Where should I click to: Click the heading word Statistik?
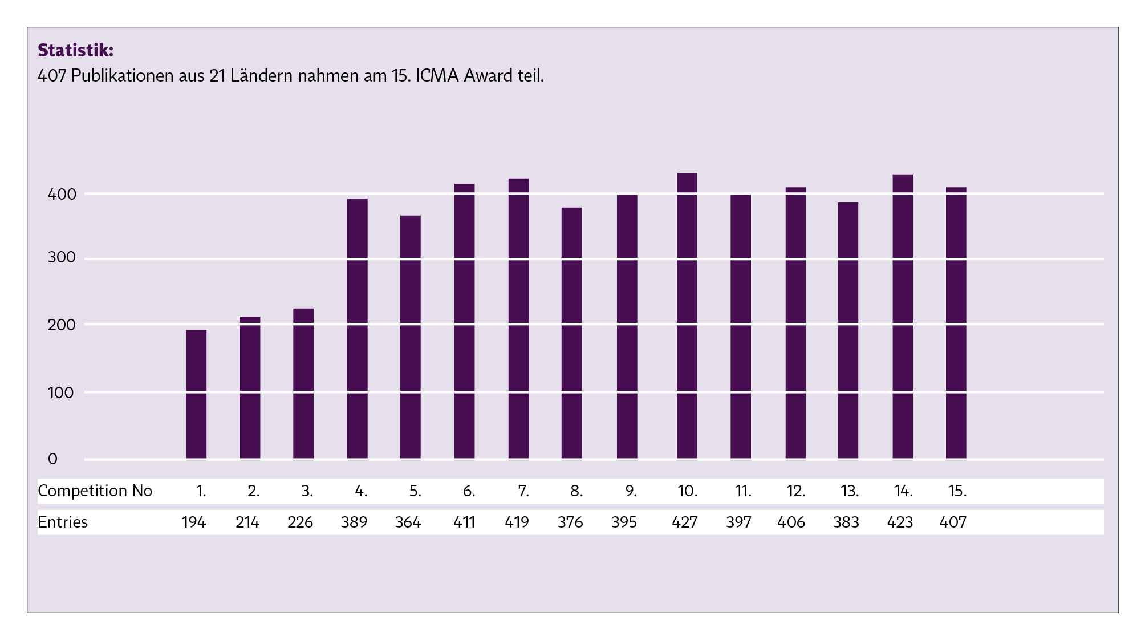coord(76,51)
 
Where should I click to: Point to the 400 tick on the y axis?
coord(62,195)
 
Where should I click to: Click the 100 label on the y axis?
coord(60,393)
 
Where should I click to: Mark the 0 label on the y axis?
coord(52,459)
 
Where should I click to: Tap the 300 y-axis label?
coord(62,257)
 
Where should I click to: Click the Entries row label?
coord(63,522)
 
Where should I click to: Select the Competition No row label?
coord(95,491)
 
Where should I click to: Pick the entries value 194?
coord(194,522)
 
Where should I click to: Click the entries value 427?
coord(684,522)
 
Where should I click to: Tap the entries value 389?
coord(354,522)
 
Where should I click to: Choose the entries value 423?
coord(900,522)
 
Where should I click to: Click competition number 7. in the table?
coord(523,491)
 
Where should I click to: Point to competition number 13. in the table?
coord(850,491)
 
